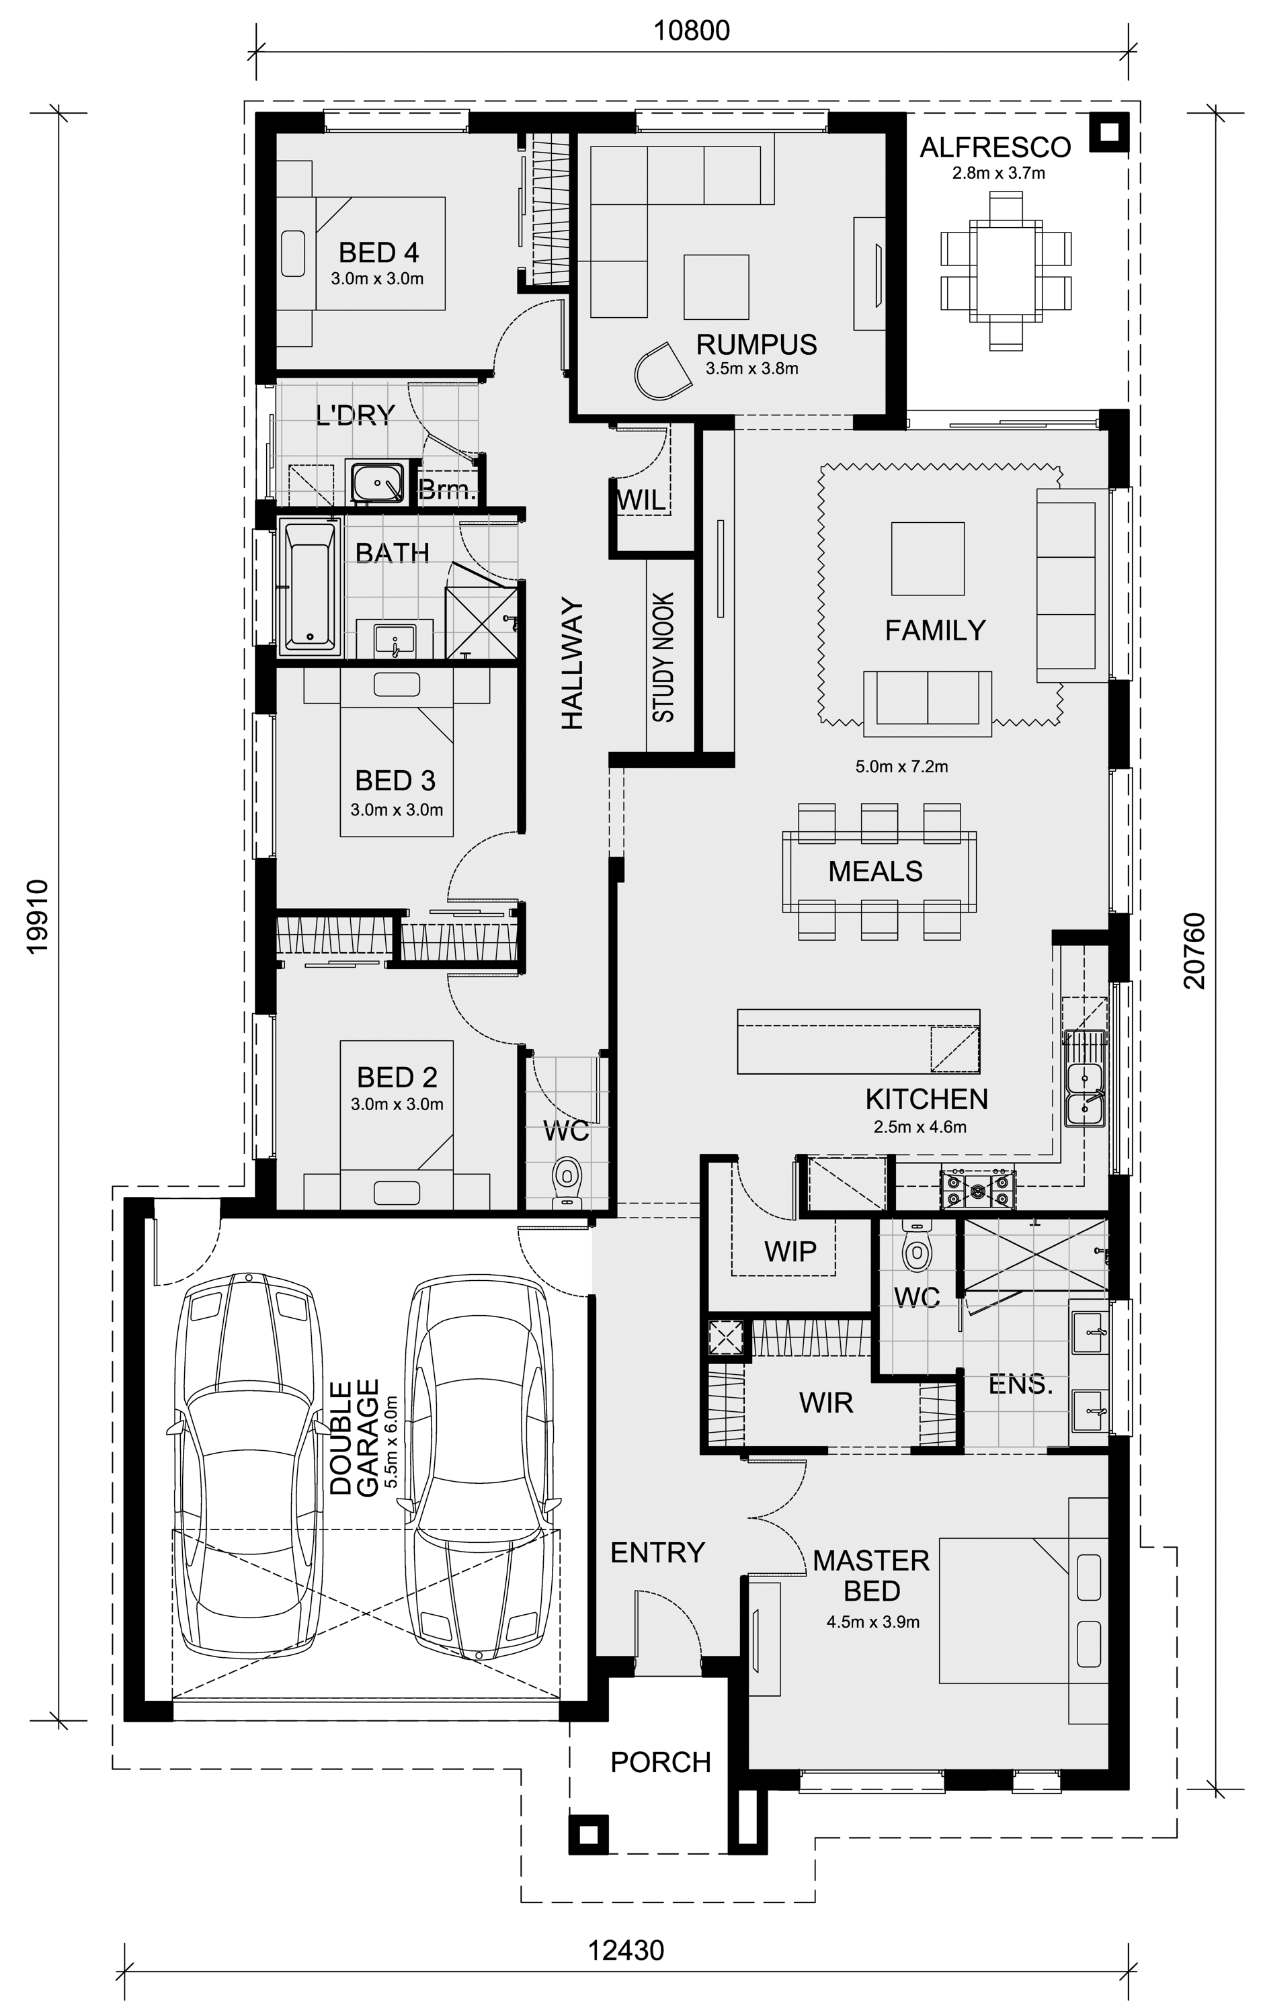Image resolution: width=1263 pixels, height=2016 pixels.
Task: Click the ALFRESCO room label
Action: click(x=995, y=148)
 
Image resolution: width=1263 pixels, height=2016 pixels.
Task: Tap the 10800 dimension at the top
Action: click(x=692, y=31)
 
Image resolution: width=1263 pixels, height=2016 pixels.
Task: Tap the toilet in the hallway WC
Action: click(x=567, y=1181)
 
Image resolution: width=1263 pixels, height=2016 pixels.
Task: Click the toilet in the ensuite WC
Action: click(x=918, y=1246)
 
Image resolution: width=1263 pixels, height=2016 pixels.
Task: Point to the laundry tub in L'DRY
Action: click(x=376, y=482)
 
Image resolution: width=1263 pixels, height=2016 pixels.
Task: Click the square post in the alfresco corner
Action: click(x=1109, y=132)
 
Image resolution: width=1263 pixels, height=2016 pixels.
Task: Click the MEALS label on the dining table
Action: click(x=875, y=872)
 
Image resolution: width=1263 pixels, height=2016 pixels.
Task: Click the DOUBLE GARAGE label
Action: click(x=354, y=1437)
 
